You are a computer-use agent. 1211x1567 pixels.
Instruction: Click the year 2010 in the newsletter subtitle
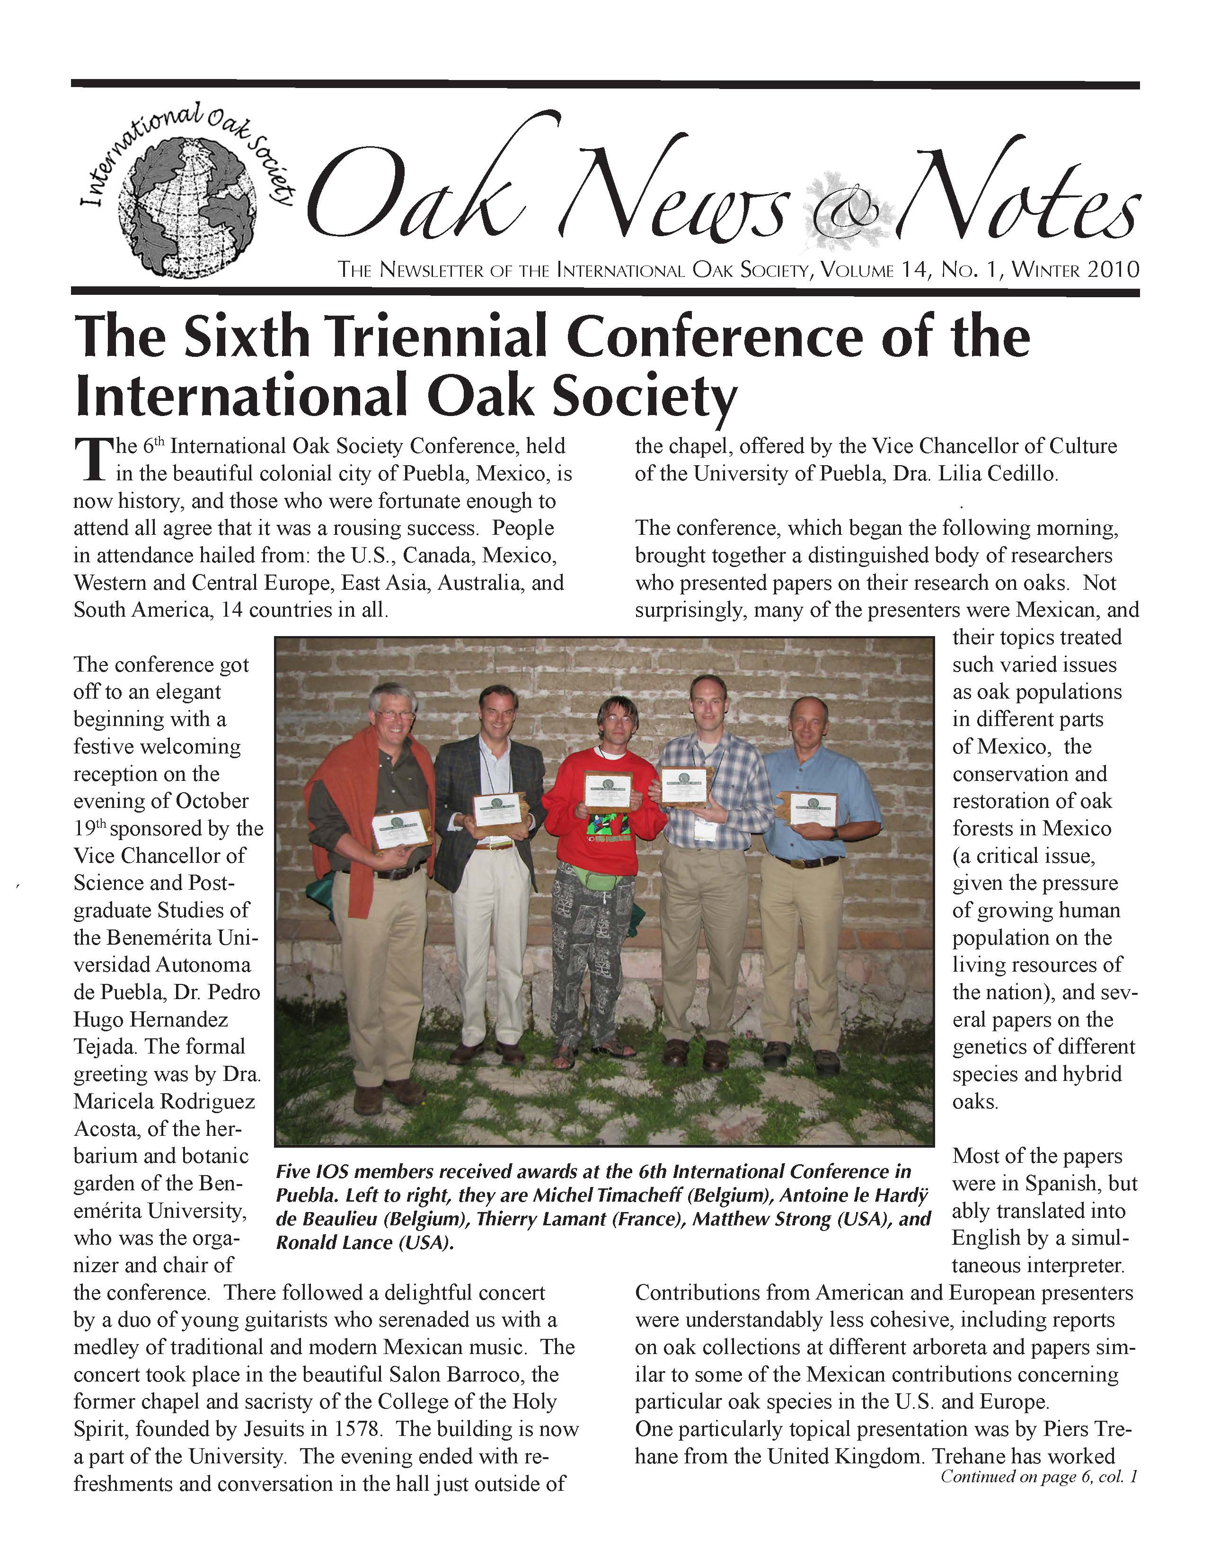point(1113,271)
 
